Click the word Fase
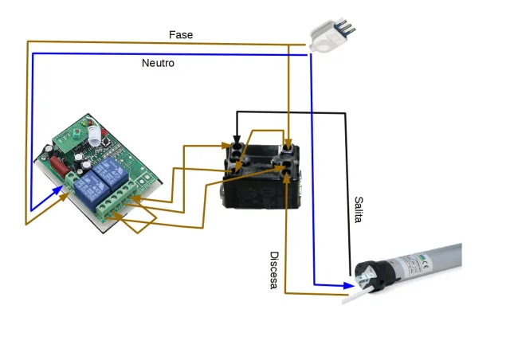tap(181, 35)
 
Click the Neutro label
tap(158, 63)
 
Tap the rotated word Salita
tap(358, 209)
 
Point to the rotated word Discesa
tap(273, 271)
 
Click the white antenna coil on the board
tap(97, 135)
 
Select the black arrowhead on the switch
tap(237, 141)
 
